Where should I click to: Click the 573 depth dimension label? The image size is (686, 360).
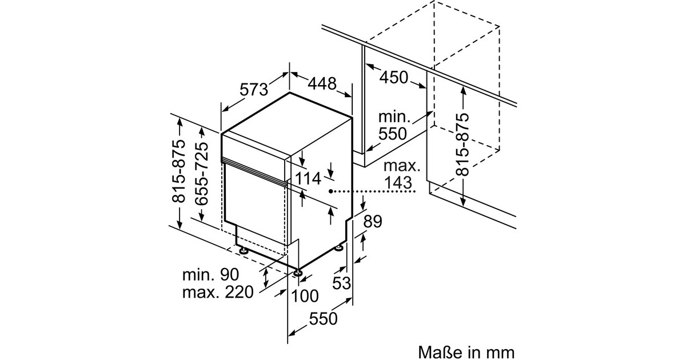pyautogui.click(x=254, y=89)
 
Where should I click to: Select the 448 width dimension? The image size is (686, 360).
pyautogui.click(x=322, y=83)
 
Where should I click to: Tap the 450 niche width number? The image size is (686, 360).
pyautogui.click(x=394, y=77)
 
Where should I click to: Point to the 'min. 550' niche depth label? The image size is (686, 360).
pyautogui.click(x=394, y=126)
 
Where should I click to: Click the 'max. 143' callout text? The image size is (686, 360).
pyautogui.click(x=401, y=175)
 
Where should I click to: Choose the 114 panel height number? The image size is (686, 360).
pyautogui.click(x=308, y=179)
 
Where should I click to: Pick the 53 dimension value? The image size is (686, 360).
pyautogui.click(x=341, y=282)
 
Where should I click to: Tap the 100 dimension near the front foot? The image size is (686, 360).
pyautogui.click(x=305, y=295)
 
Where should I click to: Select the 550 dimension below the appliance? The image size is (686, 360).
pyautogui.click(x=324, y=318)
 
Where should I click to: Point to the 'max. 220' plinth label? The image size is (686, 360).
pyautogui.click(x=217, y=293)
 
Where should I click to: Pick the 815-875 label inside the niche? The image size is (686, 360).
pyautogui.click(x=462, y=144)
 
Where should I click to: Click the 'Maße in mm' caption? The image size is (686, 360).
pyautogui.click(x=466, y=350)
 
